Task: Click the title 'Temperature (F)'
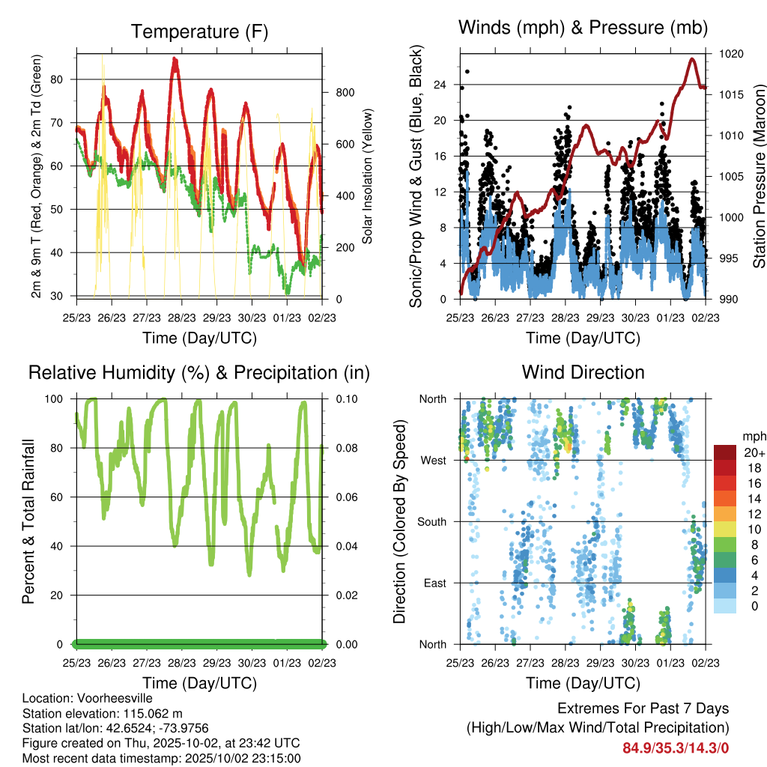(x=199, y=31)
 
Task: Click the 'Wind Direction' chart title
(x=583, y=372)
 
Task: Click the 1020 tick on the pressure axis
(x=731, y=54)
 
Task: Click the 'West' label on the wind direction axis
(x=432, y=460)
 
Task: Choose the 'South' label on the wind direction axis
(x=431, y=521)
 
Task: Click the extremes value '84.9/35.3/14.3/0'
(x=676, y=748)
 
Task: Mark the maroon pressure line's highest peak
(x=691, y=59)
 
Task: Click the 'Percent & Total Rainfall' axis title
(x=28, y=521)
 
